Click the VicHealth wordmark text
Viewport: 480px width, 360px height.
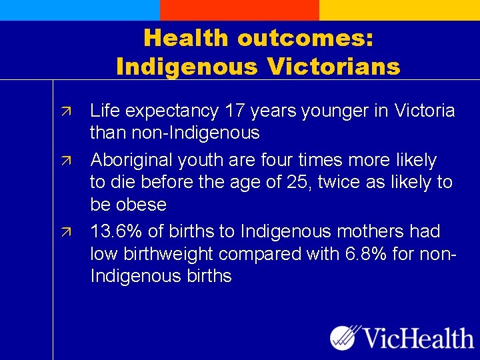pos(419,338)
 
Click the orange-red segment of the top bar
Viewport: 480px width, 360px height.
pos(239,10)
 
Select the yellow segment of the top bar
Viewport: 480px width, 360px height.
pos(399,10)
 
